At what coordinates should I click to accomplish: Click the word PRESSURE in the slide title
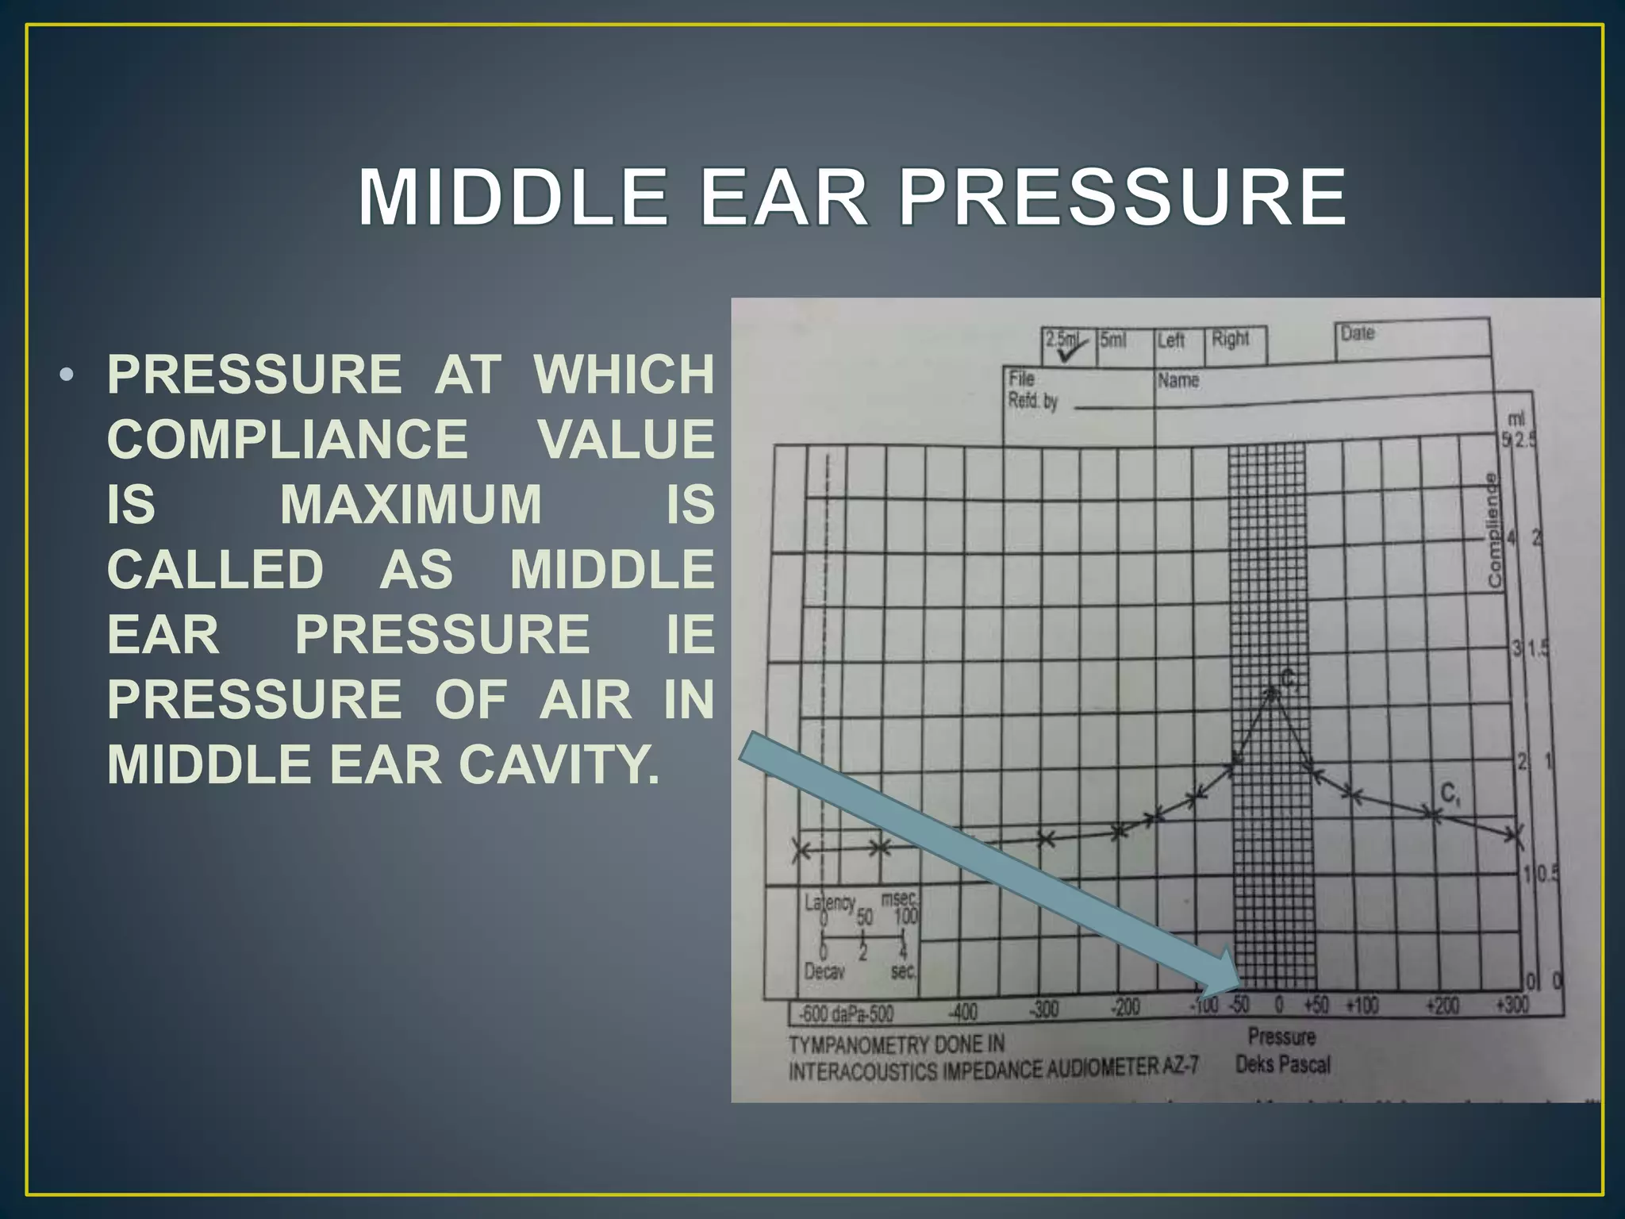click(x=1122, y=198)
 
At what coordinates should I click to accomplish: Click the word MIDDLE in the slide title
click(x=513, y=198)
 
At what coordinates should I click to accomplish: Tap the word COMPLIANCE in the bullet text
click(x=287, y=439)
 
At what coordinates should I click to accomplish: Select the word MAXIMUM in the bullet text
click(x=411, y=504)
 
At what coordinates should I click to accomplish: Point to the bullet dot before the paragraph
click(x=67, y=374)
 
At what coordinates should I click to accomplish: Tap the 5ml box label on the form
click(x=1112, y=340)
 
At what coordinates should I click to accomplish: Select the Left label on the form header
click(x=1170, y=340)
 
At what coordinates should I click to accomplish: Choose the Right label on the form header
click(x=1230, y=339)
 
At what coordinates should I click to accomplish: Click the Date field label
click(x=1358, y=333)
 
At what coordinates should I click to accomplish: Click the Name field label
click(x=1177, y=381)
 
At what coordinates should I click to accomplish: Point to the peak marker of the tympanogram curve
click(x=1273, y=694)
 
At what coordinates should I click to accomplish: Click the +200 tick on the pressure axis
click(x=1442, y=1006)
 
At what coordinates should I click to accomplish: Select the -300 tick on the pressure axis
click(x=1043, y=1009)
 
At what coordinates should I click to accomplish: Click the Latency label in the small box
click(x=829, y=902)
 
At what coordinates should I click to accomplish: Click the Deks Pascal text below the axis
click(x=1282, y=1064)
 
